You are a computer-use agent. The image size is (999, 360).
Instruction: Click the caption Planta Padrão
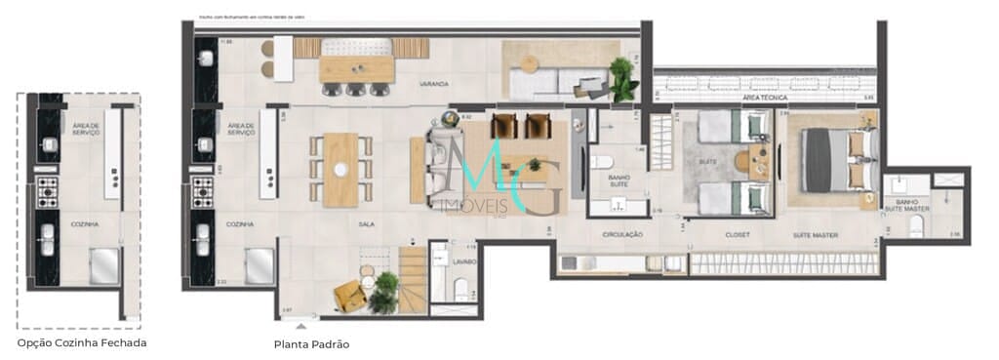click(x=311, y=344)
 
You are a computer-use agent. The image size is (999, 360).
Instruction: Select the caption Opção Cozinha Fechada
click(x=82, y=342)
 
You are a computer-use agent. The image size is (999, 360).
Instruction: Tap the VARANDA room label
click(x=434, y=85)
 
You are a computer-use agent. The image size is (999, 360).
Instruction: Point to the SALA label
click(x=340, y=223)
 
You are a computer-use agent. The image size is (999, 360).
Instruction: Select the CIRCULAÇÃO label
click(x=621, y=234)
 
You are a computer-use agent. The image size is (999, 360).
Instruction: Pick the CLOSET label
click(x=736, y=235)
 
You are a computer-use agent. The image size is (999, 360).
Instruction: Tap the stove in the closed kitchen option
click(x=47, y=192)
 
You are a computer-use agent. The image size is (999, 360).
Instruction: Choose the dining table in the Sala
click(x=340, y=170)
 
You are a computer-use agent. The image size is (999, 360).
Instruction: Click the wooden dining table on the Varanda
click(x=356, y=68)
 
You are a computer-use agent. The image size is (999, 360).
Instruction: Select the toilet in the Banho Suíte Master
click(x=917, y=226)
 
